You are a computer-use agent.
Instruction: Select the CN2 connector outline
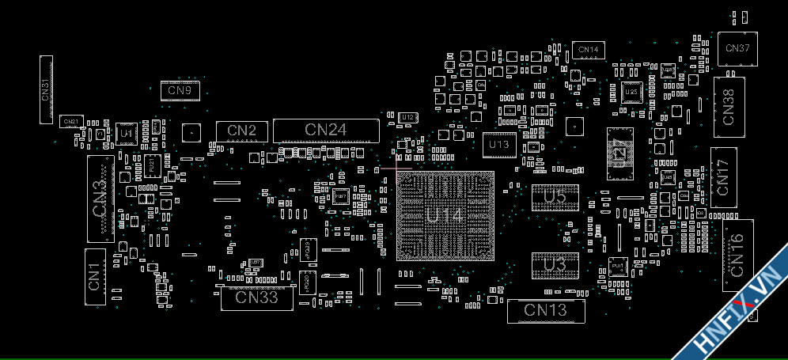pos(241,131)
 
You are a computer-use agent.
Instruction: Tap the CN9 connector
pos(180,90)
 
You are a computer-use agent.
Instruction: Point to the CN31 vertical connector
pos(46,89)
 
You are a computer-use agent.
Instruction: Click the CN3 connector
pos(100,199)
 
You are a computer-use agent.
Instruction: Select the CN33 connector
pos(256,297)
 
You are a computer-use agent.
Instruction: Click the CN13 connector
pos(546,311)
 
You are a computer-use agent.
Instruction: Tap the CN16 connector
pos(737,256)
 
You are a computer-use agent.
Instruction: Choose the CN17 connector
pos(723,176)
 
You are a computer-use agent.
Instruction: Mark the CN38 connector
pos(729,106)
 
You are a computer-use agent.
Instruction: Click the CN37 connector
pos(737,48)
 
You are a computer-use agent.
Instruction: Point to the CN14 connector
pos(588,50)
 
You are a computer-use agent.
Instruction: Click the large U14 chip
pos(445,215)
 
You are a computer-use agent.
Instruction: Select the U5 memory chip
pos(555,198)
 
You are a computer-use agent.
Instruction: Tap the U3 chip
pos(555,266)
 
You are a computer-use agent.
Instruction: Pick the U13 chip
pos(499,145)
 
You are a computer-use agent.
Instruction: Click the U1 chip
pos(127,135)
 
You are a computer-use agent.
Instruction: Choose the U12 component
pos(407,118)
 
